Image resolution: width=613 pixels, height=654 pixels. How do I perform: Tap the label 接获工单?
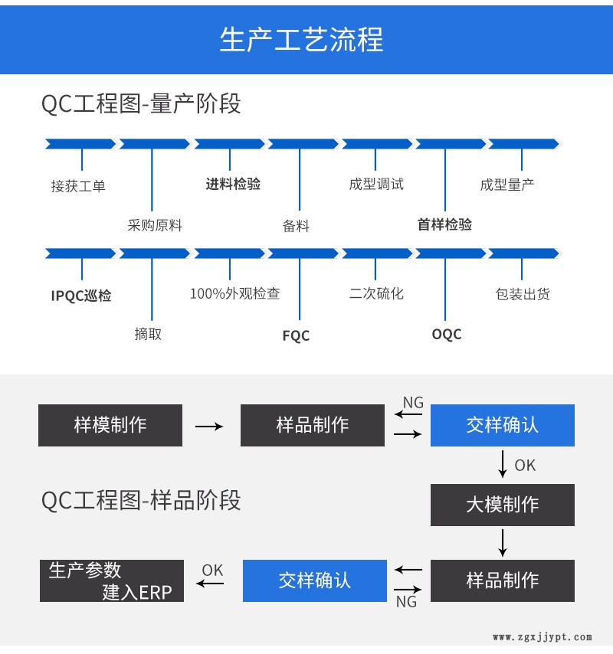point(78,185)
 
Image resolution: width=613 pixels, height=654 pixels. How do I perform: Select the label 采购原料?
point(155,225)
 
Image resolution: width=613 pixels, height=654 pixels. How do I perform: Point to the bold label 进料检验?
point(233,184)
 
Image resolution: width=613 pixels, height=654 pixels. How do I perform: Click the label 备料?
point(296,225)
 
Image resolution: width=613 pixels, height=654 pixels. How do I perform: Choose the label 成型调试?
point(375,184)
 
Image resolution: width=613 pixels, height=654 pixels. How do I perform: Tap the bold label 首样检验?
point(444,224)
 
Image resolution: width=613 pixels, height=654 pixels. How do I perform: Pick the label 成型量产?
point(507,185)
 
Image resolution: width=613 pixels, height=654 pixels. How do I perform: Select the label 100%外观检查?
point(235,293)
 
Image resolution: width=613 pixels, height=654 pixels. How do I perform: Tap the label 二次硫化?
point(376,293)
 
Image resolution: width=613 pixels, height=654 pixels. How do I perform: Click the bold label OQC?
point(447,334)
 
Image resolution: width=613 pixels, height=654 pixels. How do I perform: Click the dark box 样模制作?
point(110,425)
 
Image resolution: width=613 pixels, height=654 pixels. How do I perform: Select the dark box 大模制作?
point(503,505)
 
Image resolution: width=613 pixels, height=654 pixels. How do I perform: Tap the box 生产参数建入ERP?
point(112,580)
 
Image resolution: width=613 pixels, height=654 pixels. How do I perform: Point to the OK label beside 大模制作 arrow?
point(525,466)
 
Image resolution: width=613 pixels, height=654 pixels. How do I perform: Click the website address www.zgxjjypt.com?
point(543,637)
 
